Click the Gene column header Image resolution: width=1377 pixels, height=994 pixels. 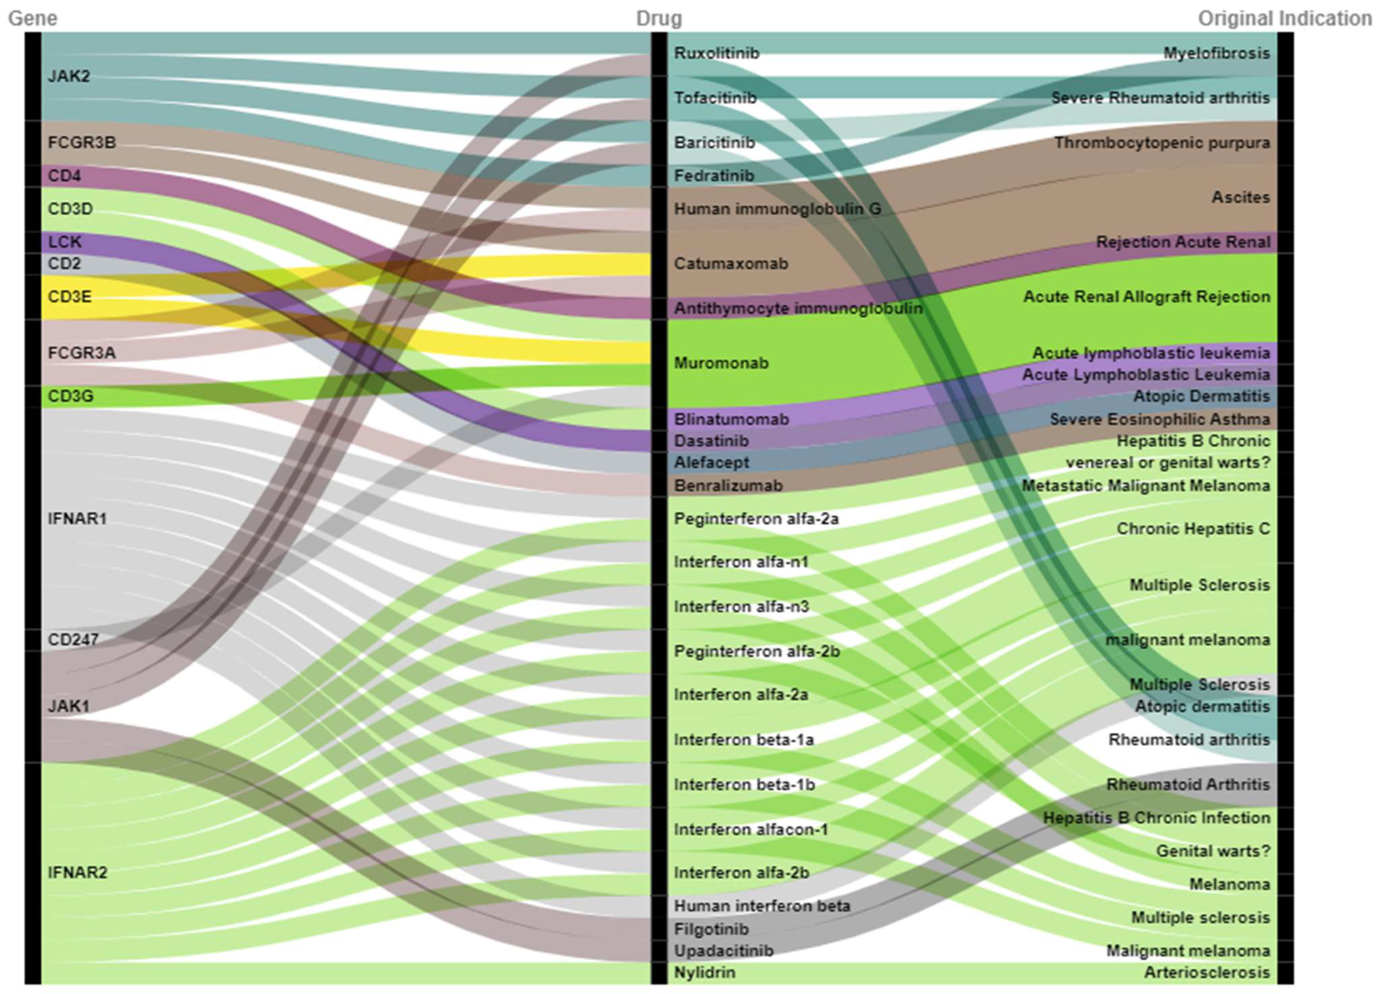pyautogui.click(x=33, y=18)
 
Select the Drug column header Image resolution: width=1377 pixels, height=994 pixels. pyautogui.click(x=659, y=18)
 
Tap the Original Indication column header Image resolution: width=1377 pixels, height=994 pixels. pyautogui.click(x=1284, y=18)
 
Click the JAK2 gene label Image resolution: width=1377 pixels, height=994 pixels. pyautogui.click(x=69, y=76)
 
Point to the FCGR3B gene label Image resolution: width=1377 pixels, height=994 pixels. pyautogui.click(x=81, y=142)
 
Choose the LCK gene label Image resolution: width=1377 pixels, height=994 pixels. pyautogui.click(x=64, y=241)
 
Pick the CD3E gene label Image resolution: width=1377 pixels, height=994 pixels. pyautogui.click(x=69, y=296)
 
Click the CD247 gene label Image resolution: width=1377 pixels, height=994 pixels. pyautogui.click(x=73, y=640)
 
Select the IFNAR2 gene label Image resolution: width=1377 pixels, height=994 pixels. pyautogui.click(x=77, y=873)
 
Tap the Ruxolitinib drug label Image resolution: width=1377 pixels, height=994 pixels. pyautogui.click(x=716, y=53)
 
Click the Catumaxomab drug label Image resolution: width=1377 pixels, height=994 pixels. pyautogui.click(x=731, y=263)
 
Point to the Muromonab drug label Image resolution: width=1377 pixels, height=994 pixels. pyautogui.click(x=721, y=363)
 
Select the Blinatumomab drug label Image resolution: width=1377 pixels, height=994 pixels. pyautogui.click(x=731, y=419)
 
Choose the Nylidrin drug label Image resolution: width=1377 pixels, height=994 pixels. pyautogui.click(x=704, y=973)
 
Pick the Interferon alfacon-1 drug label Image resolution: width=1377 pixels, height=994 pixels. pyautogui.click(x=750, y=830)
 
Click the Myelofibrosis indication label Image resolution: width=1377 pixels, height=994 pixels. pyautogui.click(x=1216, y=53)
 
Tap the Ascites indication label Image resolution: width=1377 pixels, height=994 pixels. pyautogui.click(x=1240, y=197)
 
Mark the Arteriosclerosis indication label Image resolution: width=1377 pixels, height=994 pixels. pyautogui.click(x=1206, y=973)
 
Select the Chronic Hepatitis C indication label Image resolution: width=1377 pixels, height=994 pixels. pyautogui.click(x=1193, y=528)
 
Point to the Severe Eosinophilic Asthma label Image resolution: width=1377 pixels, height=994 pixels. pyautogui.click(x=1160, y=419)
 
